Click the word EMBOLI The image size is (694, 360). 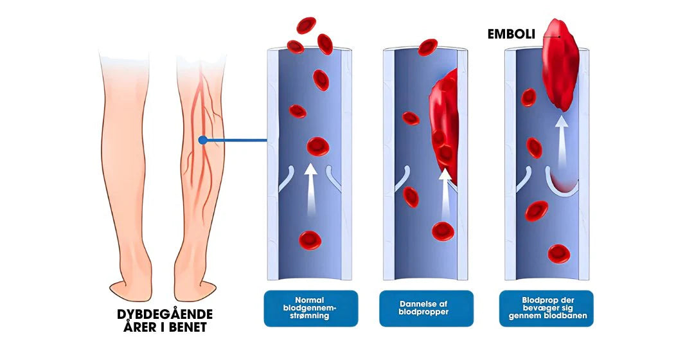point(512,33)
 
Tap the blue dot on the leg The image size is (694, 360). point(203,139)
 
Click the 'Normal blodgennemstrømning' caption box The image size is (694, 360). point(310,309)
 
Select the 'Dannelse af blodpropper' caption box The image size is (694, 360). point(426,309)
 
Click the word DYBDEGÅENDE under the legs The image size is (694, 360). point(165,314)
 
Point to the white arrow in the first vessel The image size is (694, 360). point(311,190)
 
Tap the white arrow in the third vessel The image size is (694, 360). point(562,141)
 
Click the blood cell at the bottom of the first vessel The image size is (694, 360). point(310,240)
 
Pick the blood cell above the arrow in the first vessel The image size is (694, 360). point(317,146)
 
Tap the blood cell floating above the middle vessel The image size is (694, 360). point(427,47)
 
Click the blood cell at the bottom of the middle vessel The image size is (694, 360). point(443,231)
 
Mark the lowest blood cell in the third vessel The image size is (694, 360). point(558,253)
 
